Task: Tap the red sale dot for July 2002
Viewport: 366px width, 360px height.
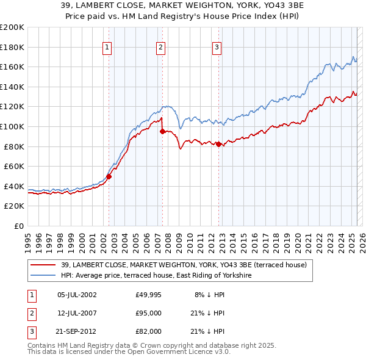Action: click(109, 176)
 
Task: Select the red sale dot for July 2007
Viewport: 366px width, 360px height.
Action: click(163, 131)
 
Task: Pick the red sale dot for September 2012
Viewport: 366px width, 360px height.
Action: click(219, 144)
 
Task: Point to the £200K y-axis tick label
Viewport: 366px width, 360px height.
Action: click(12, 27)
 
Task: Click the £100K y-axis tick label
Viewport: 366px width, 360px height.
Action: click(12, 126)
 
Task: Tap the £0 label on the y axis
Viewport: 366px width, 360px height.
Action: click(20, 226)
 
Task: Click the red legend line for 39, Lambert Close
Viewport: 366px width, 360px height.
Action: click(42, 264)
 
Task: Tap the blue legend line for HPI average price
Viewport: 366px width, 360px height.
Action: click(42, 275)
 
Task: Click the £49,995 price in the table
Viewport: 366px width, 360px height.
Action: click(149, 295)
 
